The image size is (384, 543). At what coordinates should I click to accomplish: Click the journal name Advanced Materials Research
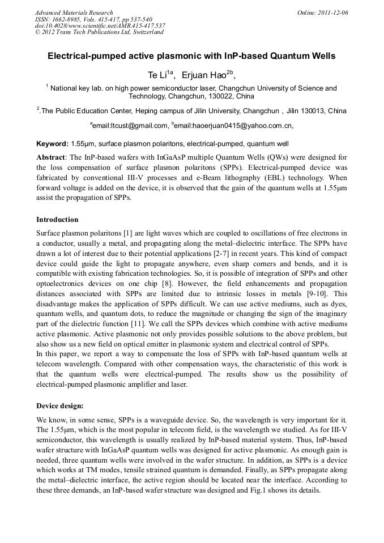click(74, 12)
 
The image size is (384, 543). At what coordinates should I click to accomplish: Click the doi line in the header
click(100, 25)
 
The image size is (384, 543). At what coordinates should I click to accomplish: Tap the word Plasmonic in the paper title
click(185, 57)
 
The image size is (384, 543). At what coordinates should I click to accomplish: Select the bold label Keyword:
click(53, 144)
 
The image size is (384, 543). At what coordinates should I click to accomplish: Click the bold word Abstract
click(51, 157)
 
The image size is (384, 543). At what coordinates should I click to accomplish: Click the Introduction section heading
click(57, 220)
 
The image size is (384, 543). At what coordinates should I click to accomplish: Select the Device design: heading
click(59, 406)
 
